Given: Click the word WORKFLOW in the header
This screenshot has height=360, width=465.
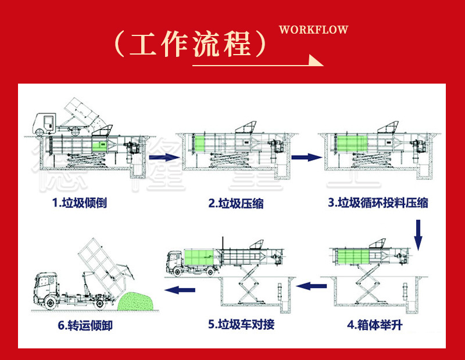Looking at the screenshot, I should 313,30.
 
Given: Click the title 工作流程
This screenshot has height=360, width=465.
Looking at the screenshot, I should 192,44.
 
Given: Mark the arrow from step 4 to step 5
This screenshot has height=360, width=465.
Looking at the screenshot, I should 315,286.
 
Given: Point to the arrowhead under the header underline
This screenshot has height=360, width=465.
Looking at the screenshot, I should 316,60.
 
